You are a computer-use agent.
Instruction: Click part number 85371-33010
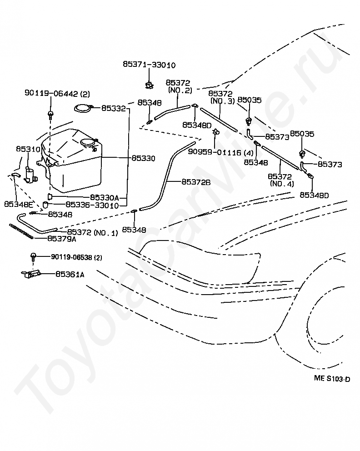(149, 65)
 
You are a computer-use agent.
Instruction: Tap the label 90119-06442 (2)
(57, 94)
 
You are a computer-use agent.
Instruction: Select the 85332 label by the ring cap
(114, 108)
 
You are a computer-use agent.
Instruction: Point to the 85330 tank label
(144, 158)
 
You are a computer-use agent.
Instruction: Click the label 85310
(28, 149)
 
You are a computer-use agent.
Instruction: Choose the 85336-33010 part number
(92, 205)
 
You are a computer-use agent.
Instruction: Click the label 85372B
(196, 182)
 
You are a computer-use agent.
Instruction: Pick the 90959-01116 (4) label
(220, 152)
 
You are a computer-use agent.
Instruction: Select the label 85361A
(70, 275)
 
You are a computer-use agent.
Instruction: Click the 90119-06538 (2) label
(76, 257)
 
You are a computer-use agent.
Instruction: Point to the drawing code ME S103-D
(332, 379)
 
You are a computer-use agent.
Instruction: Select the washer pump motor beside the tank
(30, 175)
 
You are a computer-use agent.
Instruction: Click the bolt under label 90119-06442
(51, 115)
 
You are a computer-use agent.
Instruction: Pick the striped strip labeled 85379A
(21, 231)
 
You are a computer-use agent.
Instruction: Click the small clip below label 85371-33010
(149, 85)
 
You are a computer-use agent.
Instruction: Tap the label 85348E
(18, 204)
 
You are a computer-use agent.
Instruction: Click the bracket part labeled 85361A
(31, 275)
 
